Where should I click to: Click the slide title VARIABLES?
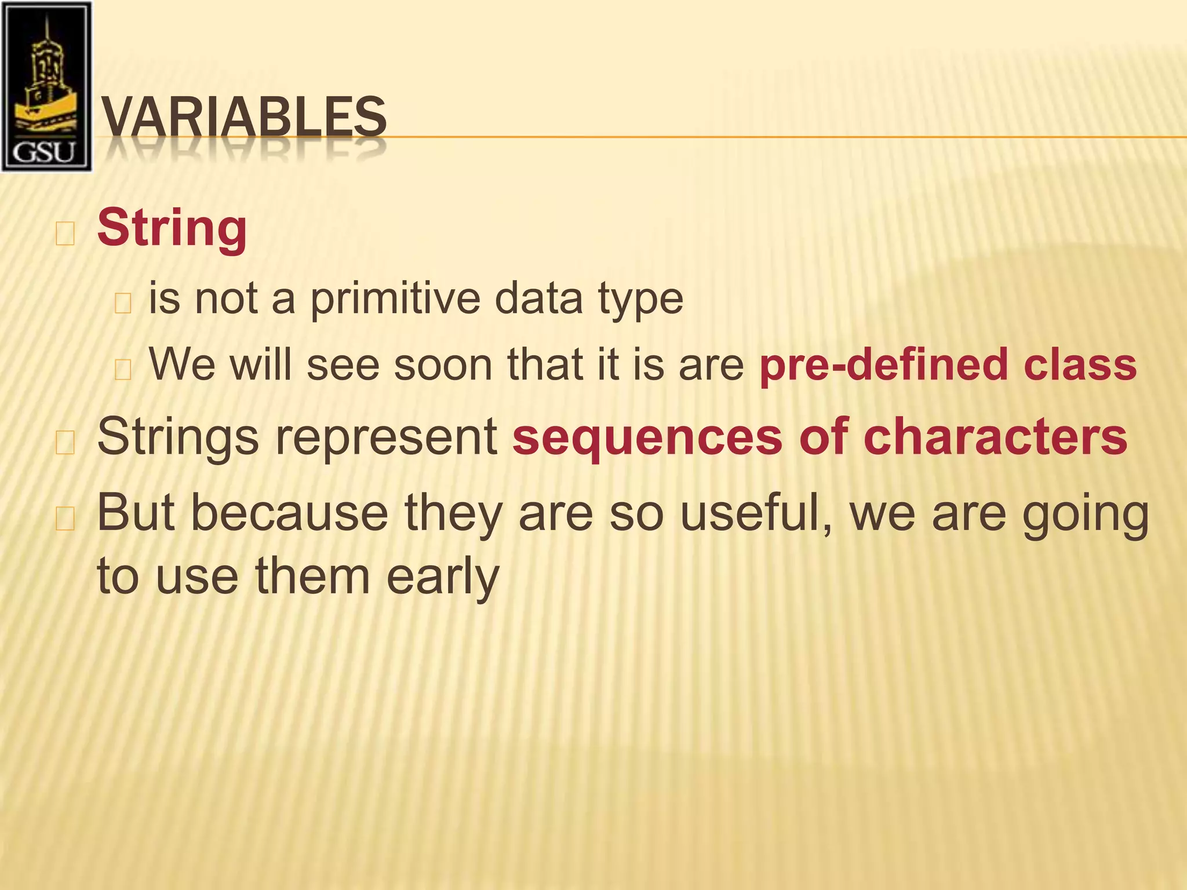(x=243, y=117)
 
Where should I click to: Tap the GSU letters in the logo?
(x=45, y=152)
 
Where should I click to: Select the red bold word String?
(x=172, y=228)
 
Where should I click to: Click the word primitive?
(x=395, y=300)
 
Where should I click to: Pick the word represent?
(x=386, y=437)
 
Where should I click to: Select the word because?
(x=289, y=513)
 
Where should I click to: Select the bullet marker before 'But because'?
(x=65, y=519)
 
